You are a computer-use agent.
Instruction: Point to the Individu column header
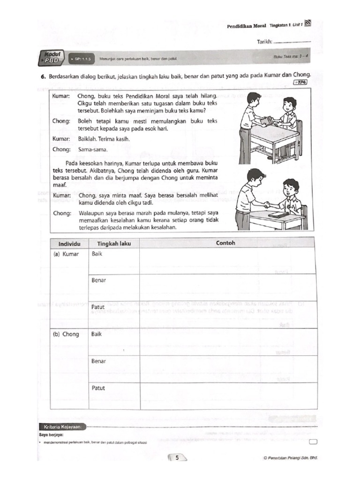pos(70,243)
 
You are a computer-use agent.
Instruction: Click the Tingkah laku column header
pos(114,243)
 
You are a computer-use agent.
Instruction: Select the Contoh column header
pos(225,243)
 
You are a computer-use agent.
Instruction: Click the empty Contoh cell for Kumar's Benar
pos(227,287)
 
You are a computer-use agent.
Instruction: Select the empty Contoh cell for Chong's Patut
pos(227,395)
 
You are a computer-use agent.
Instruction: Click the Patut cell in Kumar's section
pos(98,307)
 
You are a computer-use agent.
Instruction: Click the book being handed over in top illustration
pos(266,120)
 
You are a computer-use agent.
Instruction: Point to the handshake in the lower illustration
pos(265,204)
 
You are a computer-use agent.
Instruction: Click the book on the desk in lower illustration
pos(278,215)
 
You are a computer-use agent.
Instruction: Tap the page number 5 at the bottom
pos(177,458)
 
